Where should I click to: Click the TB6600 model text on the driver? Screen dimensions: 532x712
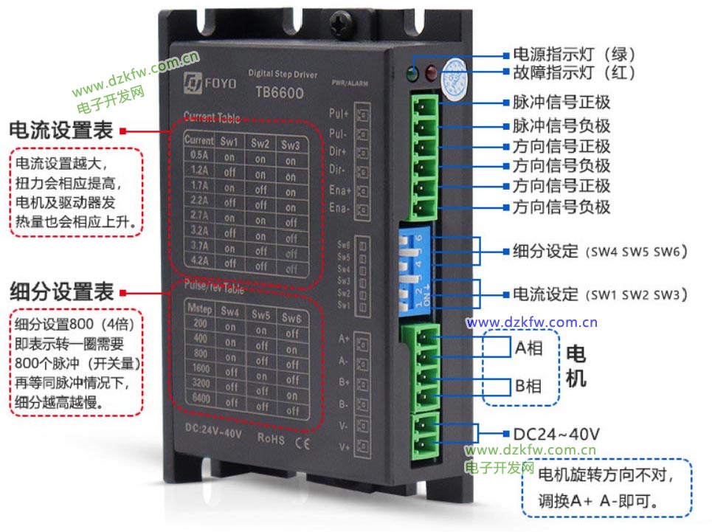pyautogui.click(x=279, y=93)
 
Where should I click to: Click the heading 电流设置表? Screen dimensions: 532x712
pyautogui.click(x=61, y=131)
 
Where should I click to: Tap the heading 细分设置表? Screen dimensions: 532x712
pyautogui.click(x=61, y=291)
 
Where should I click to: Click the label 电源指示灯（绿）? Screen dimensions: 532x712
pyautogui.click(x=573, y=55)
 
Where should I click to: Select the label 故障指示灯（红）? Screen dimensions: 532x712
pyautogui.click(x=573, y=73)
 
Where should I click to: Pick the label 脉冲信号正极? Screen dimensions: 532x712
pyautogui.click(x=561, y=103)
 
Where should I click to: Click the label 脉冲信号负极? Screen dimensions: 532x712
pyautogui.click(x=561, y=125)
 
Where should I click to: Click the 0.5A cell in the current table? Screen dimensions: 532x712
pyautogui.click(x=199, y=156)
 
